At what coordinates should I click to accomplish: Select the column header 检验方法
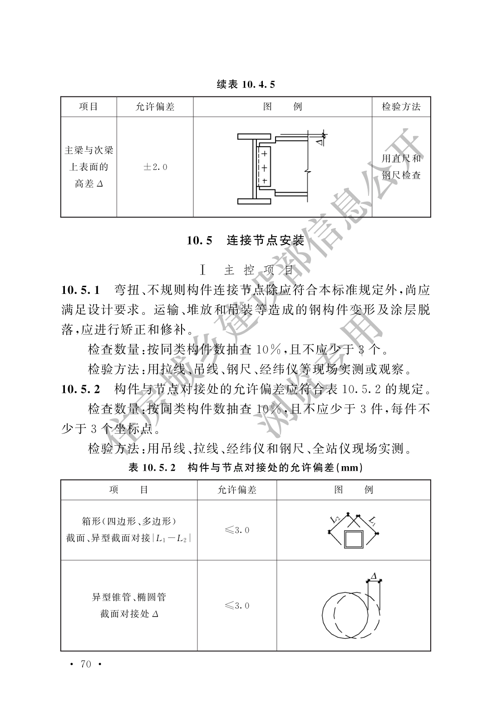tap(401, 107)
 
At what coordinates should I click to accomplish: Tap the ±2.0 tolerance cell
tap(155, 167)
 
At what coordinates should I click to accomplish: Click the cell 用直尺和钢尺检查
tap(401, 167)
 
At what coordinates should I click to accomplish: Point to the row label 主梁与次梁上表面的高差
tap(89, 167)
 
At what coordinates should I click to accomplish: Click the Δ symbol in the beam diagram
tap(319, 142)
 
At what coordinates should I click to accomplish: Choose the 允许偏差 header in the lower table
tap(237, 490)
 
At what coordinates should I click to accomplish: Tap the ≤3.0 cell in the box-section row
tap(237, 530)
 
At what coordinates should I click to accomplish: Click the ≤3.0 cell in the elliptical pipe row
tap(237, 606)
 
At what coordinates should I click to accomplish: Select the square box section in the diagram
tap(354, 540)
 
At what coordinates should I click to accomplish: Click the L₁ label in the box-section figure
tap(371, 520)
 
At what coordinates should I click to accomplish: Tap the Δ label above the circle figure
tap(374, 576)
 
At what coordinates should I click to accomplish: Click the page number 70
tap(85, 664)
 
